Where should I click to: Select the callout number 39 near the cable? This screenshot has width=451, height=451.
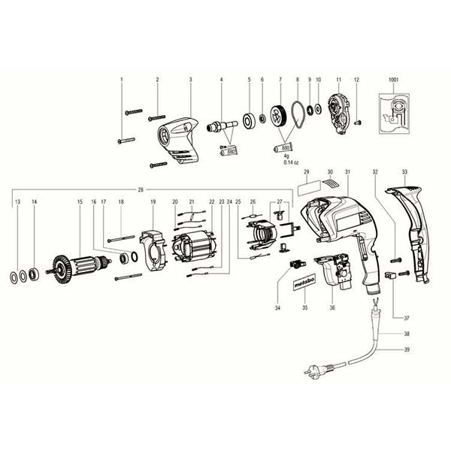coord(407,350)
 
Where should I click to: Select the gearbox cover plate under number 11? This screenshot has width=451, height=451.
coord(339,119)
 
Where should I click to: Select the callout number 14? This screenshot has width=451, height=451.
coord(34,202)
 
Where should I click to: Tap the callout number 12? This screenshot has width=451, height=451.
coord(357,80)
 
